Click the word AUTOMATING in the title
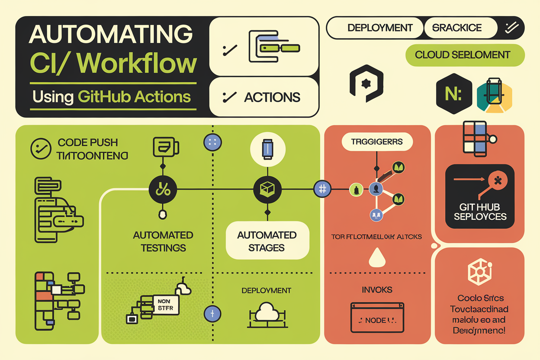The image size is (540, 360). point(111,35)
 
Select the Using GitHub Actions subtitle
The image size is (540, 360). point(112,96)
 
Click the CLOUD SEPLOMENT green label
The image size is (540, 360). point(465,55)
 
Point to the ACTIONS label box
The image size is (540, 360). point(264,97)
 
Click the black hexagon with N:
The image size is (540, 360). point(453,94)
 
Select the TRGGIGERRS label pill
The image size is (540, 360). point(377,142)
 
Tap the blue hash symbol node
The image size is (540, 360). point(322,189)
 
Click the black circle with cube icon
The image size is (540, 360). point(267,189)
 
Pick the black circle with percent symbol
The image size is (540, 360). point(163,189)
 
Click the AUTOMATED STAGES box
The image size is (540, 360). point(267,241)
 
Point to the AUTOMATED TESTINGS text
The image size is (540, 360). point(163,241)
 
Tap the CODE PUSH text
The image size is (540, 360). point(88,143)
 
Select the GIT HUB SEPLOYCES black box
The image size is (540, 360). point(480,196)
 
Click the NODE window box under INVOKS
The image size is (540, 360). point(376,317)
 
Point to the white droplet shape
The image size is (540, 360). point(376,258)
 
